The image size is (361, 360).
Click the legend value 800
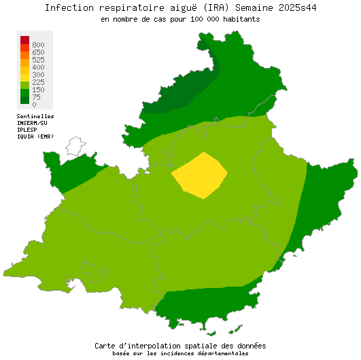pyautogui.click(x=38, y=45)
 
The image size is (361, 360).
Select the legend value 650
pyautogui.click(x=38, y=52)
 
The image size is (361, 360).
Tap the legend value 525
pyautogui.click(x=38, y=60)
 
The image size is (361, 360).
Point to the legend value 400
pyautogui.click(x=38, y=67)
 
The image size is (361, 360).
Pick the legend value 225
pyautogui.click(x=38, y=82)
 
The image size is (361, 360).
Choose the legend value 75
pyautogui.click(x=36, y=97)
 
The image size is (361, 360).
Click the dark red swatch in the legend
pyautogui.click(x=24, y=39)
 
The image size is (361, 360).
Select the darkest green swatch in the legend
pyautogui.click(x=24, y=99)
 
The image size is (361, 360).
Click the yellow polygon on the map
pyautogui.click(x=199, y=175)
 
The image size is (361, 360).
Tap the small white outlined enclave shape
pyautogui.click(x=75, y=145)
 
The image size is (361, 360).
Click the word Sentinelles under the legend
pyautogui.click(x=35, y=116)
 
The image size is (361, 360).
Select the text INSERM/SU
pyautogui.click(x=33, y=123)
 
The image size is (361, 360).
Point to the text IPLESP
pyautogui.click(x=27, y=130)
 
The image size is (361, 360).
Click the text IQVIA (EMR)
pyautogui.click(x=35, y=137)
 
